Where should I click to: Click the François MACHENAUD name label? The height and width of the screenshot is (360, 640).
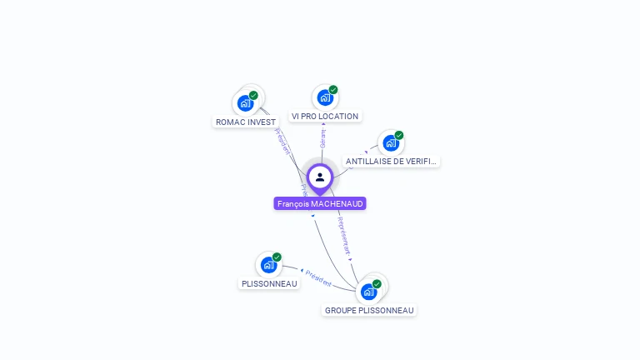point(320,203)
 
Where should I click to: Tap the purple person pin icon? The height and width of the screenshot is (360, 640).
point(320,177)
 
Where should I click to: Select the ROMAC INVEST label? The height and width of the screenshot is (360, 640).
point(246,122)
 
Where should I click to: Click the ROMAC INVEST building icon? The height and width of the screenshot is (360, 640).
point(245,103)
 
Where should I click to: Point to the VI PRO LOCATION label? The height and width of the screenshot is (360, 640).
point(325,117)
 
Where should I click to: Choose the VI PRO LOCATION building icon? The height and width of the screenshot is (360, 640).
point(325,97)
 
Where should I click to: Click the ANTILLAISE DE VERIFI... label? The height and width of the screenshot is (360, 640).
point(391,161)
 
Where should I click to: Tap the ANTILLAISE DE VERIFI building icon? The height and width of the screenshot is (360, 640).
point(390,142)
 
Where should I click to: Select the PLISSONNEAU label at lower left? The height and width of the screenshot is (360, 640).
point(269,283)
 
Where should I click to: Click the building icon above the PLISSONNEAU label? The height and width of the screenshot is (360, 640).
point(268,265)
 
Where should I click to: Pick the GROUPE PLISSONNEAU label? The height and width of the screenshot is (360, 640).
point(369,310)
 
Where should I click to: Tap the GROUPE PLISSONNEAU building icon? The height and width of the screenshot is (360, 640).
point(368,292)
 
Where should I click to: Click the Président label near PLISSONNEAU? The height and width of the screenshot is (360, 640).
point(318,277)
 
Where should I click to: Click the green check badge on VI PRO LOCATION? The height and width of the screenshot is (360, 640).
point(333,89)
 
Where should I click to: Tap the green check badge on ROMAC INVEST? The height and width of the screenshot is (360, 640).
point(253,96)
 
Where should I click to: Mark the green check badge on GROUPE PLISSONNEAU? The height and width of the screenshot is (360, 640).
point(377,284)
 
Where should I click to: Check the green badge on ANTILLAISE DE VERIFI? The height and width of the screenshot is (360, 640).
point(398,135)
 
